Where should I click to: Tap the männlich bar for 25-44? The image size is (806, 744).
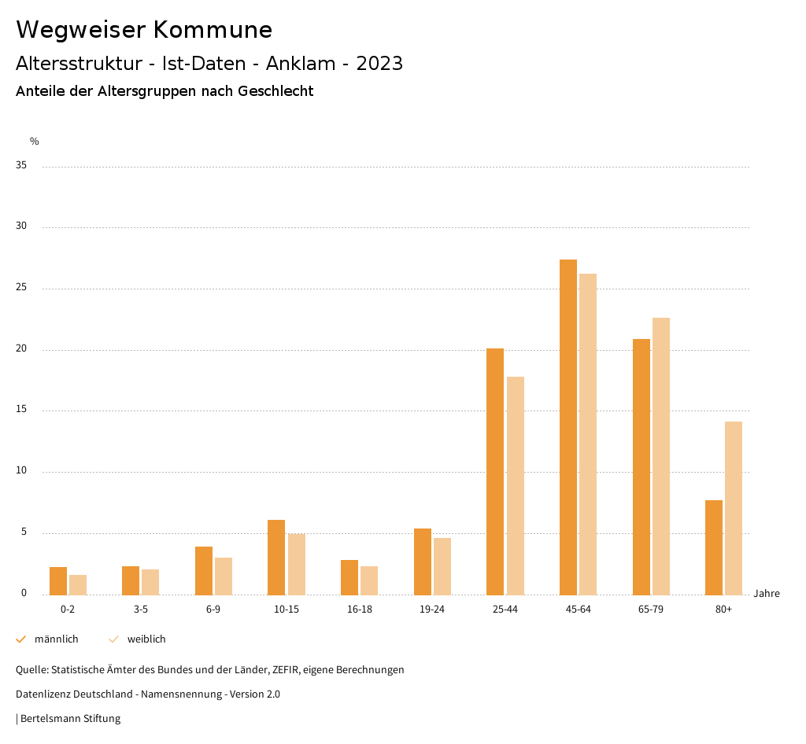point(495,472)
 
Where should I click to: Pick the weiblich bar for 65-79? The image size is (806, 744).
point(661,456)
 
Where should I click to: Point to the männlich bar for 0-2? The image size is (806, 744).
point(58,581)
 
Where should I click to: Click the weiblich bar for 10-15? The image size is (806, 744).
point(296,565)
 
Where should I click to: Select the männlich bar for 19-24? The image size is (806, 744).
point(422,562)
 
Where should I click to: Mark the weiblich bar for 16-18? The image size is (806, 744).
point(369,580)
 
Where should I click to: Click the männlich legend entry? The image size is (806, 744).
point(48,639)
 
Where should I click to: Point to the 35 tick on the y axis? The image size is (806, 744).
point(21,166)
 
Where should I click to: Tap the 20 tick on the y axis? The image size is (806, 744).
point(21,349)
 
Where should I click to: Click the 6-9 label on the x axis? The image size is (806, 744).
point(213,610)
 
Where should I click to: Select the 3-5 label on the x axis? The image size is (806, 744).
point(141,610)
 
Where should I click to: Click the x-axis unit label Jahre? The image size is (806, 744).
point(766,594)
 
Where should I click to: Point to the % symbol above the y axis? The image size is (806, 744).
point(34,142)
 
